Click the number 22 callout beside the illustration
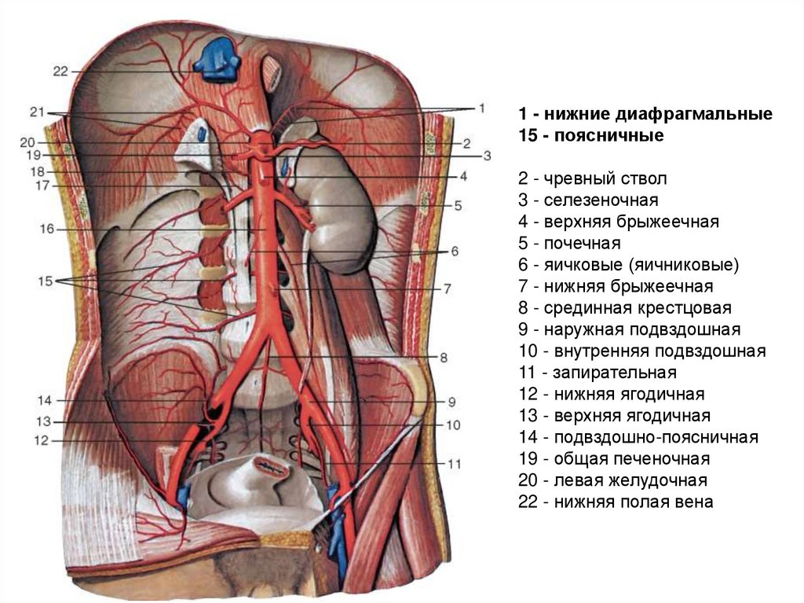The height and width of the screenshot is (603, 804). pos(61,71)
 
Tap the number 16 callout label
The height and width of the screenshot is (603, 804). pos(46,229)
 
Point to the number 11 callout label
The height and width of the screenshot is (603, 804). pos(454,464)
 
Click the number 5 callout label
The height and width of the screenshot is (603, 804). pos(459,206)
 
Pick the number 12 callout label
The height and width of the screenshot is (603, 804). pos(42,441)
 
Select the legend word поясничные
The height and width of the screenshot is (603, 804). pos(609,135)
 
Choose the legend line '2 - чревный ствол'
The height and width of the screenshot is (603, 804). pos(584,179)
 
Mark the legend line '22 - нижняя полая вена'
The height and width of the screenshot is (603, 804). pos(616,502)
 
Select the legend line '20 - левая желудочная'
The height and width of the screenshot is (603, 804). pos(613,480)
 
